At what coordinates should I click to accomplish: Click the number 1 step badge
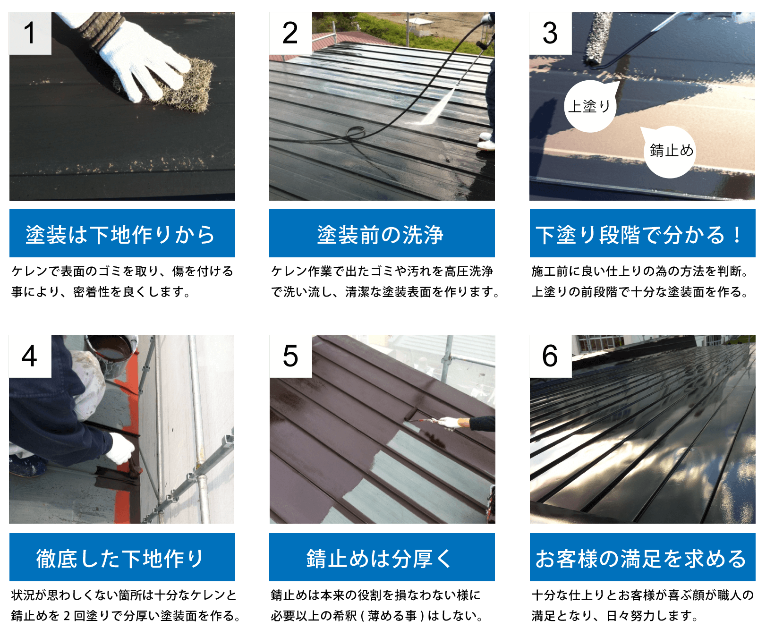[x=30, y=33]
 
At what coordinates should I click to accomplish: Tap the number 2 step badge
[x=290, y=33]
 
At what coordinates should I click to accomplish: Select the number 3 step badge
[x=550, y=33]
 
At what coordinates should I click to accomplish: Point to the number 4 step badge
[x=30, y=356]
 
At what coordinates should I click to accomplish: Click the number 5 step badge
[x=290, y=356]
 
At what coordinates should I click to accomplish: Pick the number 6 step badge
[x=550, y=356]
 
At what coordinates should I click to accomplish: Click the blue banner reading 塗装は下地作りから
[x=122, y=233]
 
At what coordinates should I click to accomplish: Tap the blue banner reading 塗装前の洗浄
[x=382, y=233]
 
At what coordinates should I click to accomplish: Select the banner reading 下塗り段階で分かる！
[x=642, y=233]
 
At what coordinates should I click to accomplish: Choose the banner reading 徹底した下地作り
[x=122, y=557]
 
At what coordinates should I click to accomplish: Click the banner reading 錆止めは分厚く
[x=382, y=557]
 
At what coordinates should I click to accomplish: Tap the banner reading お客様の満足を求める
[x=642, y=557]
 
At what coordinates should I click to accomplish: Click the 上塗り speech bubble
[x=589, y=107]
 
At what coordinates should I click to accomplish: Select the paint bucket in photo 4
[x=113, y=352]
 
